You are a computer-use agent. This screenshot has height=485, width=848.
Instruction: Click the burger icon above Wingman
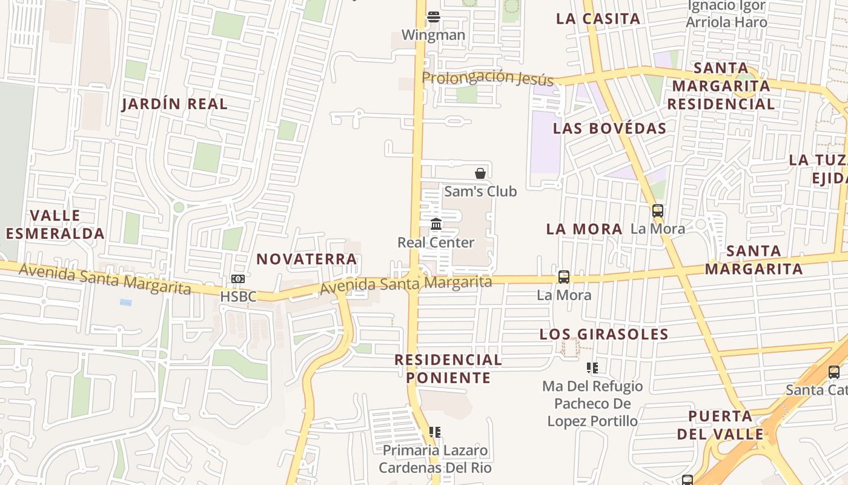(433, 16)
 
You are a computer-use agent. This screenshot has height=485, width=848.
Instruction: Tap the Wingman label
(433, 35)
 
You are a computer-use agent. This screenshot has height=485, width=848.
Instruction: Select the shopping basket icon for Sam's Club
(480, 173)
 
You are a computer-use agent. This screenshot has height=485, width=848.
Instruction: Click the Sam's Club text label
(480, 192)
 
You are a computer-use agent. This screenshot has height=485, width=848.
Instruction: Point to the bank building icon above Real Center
(436, 224)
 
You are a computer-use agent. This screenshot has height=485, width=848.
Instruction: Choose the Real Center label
(436, 242)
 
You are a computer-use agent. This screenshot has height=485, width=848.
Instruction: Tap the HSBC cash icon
(238, 279)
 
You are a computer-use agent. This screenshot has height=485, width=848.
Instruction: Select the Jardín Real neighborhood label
(174, 104)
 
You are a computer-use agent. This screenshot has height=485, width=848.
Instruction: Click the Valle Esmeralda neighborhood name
(55, 224)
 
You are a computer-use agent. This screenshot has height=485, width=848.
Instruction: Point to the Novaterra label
(306, 259)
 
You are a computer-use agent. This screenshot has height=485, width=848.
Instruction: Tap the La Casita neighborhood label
(598, 19)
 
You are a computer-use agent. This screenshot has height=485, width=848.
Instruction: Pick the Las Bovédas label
(609, 129)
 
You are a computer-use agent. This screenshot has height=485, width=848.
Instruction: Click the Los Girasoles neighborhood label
(604, 334)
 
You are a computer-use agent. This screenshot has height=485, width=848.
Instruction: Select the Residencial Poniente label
(448, 369)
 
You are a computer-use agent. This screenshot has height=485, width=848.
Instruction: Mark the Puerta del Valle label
(721, 425)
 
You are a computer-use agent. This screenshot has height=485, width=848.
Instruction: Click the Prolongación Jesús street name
(488, 78)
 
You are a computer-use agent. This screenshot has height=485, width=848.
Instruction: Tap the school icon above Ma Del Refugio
(592, 367)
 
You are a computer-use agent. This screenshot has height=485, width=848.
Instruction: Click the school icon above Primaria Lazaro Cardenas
(434, 432)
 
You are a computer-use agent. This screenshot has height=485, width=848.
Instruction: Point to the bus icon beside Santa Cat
(834, 372)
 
